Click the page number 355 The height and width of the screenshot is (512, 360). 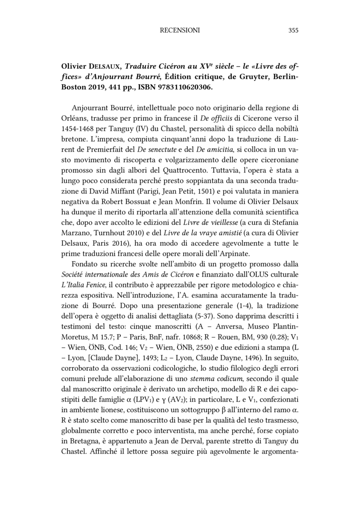pyautogui.click(x=293, y=30)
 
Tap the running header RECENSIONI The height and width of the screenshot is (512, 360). pyautogui.click(x=180, y=30)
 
